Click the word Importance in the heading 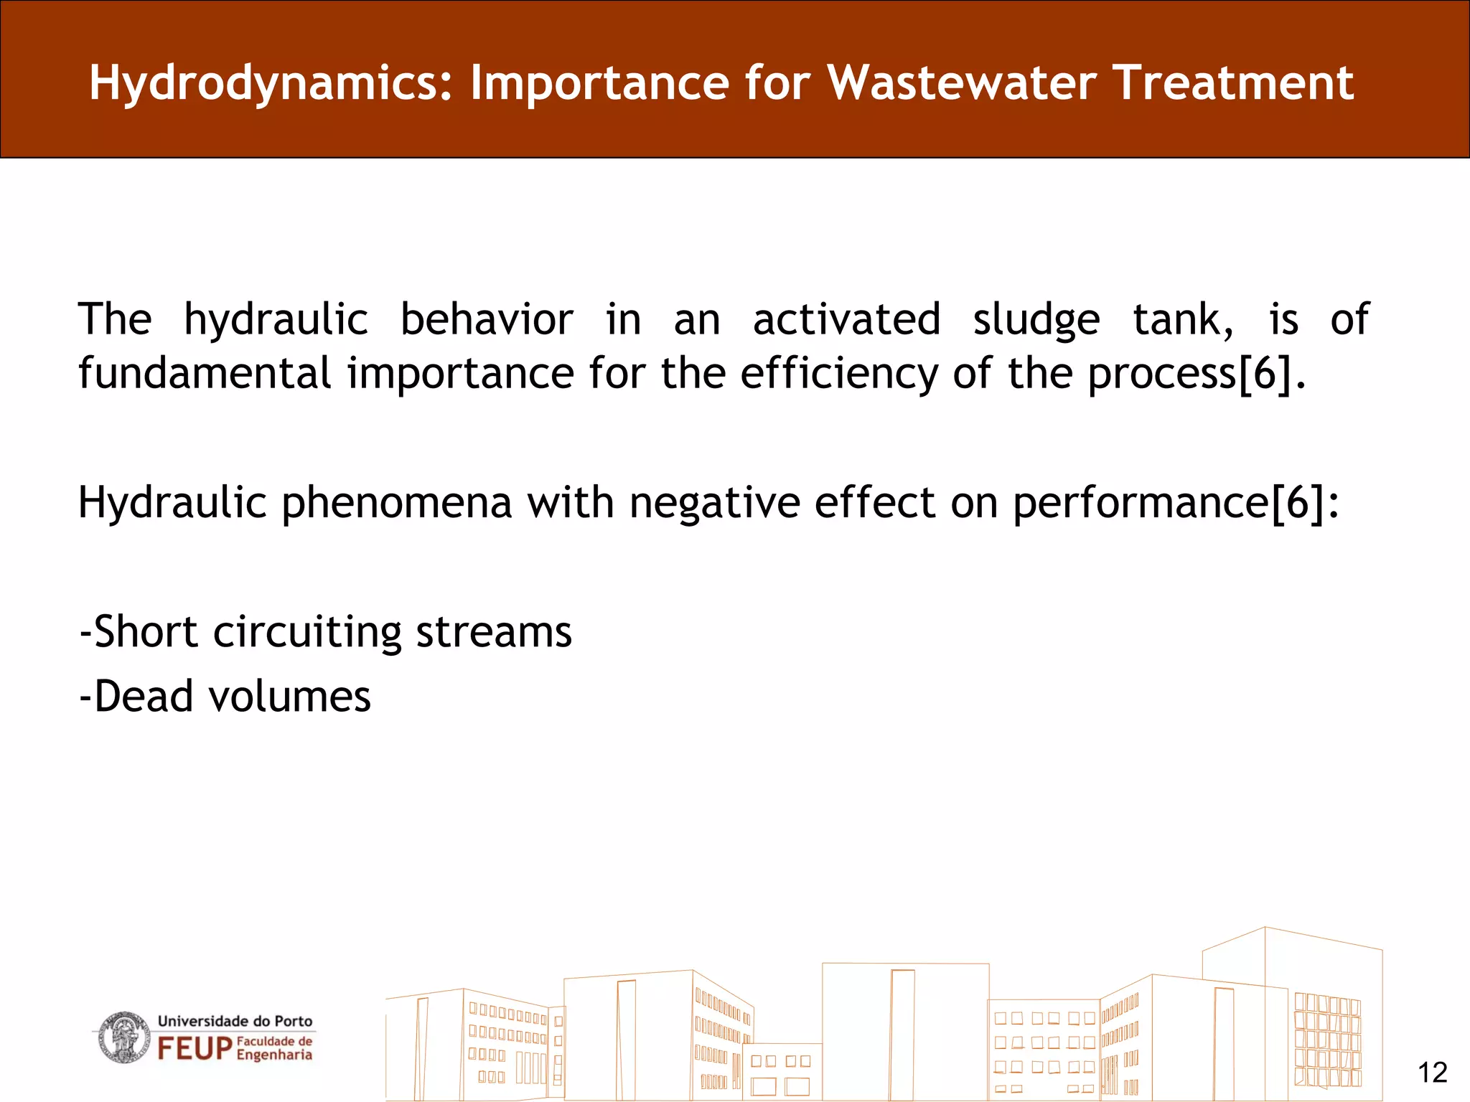click(599, 83)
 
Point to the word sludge click(1036, 320)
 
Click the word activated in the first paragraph click(846, 320)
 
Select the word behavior click(486, 320)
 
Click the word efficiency click(838, 375)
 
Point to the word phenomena click(396, 503)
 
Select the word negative click(714, 503)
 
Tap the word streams click(494, 633)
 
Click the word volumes click(289, 697)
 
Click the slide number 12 click(1432, 1073)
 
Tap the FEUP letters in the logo click(195, 1049)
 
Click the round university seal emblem click(124, 1037)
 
